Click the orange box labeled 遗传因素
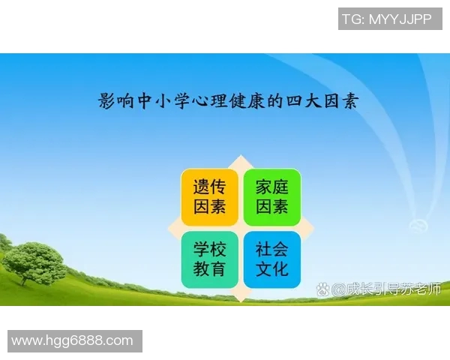click(210, 196)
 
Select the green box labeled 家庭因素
click(271, 196)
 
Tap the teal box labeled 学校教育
click(210, 259)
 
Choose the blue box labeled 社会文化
click(271, 259)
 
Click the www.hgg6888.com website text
click(73, 340)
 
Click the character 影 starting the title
click(107, 101)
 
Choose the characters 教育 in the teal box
click(210, 268)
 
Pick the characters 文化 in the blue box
click(271, 268)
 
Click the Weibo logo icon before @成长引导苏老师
click(323, 289)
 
